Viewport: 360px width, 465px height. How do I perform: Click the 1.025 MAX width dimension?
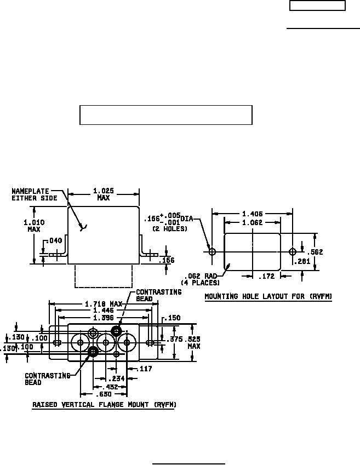[x=103, y=194]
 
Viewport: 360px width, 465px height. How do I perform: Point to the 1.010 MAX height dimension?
[x=35, y=226]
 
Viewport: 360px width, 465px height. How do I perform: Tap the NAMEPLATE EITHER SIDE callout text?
[x=35, y=194]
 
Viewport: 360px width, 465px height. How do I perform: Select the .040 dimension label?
[x=55, y=240]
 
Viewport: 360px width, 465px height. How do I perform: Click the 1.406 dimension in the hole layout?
[x=252, y=214]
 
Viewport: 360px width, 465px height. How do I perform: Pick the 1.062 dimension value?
[x=252, y=223]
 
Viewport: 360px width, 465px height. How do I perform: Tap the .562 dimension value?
[x=316, y=252]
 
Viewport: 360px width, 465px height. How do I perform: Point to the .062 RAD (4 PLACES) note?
[x=201, y=279]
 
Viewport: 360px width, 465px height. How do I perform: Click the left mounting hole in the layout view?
[x=213, y=252]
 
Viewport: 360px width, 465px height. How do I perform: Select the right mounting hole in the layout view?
[x=293, y=252]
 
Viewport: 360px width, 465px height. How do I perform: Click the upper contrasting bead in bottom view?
[x=116, y=330]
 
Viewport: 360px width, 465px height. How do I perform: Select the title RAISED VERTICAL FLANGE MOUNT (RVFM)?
[x=104, y=405]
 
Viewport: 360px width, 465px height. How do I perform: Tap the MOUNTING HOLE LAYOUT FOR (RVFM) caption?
[x=268, y=297]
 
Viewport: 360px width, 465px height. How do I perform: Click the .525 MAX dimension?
[x=194, y=342]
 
